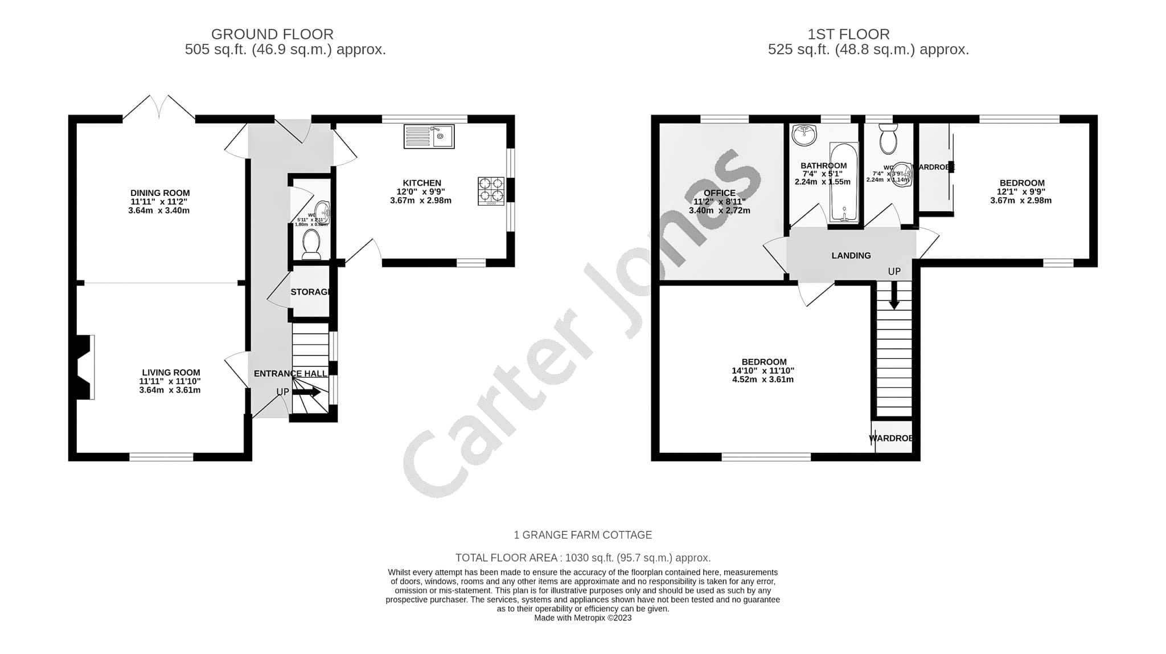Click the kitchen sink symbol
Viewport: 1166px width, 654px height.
(429, 137)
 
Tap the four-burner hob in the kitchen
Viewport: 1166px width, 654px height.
(491, 190)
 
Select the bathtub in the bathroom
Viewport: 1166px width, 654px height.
(843, 182)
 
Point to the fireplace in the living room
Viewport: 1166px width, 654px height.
(84, 367)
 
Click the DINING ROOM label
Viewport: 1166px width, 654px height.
(160, 193)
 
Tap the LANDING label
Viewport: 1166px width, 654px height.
(851, 256)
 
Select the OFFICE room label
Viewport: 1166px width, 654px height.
(719, 193)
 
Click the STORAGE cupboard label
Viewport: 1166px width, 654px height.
(310, 292)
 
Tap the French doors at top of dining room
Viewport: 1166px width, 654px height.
(159, 108)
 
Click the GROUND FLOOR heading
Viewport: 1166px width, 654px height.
(272, 34)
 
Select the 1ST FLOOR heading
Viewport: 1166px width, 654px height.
(848, 34)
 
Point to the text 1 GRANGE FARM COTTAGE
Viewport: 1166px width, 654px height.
(582, 535)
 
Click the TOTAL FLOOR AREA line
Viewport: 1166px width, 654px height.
(582, 558)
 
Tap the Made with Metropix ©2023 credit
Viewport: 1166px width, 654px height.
(582, 618)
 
